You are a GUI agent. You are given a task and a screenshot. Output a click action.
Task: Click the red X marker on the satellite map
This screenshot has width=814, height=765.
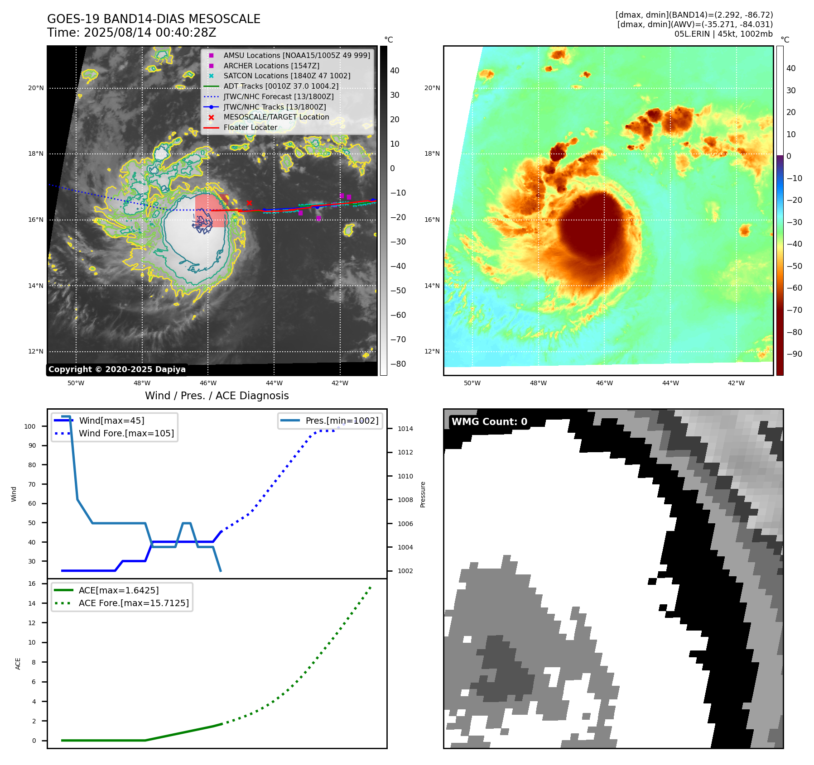[249, 203]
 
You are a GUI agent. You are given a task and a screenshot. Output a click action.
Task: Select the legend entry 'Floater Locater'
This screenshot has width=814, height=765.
[250, 128]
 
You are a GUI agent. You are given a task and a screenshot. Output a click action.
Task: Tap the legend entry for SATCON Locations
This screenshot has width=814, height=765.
[287, 76]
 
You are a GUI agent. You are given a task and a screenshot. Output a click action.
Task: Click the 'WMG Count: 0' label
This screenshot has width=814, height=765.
[489, 422]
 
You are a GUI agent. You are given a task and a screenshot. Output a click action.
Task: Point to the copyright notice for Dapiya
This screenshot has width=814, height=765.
[117, 369]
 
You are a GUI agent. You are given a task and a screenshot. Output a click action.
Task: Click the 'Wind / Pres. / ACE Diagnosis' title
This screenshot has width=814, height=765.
[217, 396]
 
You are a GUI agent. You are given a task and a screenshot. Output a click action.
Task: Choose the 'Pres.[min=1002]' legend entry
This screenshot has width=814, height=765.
[342, 421]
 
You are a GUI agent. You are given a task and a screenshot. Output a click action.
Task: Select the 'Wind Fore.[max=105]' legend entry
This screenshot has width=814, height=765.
[126, 433]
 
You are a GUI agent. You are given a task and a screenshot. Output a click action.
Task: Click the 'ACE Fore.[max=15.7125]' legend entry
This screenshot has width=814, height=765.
[134, 603]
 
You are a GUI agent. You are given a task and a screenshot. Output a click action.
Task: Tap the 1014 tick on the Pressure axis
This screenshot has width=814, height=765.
[405, 429]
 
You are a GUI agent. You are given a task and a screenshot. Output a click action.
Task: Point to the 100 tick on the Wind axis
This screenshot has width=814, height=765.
[30, 426]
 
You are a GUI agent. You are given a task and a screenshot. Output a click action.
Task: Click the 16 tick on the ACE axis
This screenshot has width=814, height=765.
[32, 583]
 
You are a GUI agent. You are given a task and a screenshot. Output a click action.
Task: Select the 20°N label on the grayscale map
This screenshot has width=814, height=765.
[36, 88]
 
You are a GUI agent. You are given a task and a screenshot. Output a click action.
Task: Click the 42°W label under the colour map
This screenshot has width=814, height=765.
[736, 383]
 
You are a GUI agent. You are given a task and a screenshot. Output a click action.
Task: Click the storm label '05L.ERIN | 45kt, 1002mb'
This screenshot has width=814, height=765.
[723, 34]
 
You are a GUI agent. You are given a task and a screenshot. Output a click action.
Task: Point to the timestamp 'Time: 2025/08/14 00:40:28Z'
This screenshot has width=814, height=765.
[131, 33]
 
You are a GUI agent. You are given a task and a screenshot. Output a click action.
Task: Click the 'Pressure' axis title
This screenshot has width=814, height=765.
[423, 494]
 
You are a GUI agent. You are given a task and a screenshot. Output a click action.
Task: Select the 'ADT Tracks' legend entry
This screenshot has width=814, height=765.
[281, 86]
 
